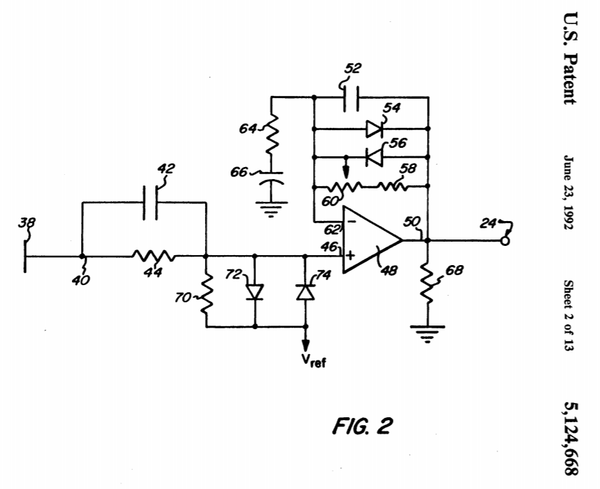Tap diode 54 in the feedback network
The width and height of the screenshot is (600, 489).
coord(373,129)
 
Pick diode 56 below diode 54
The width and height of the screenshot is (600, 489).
coord(373,156)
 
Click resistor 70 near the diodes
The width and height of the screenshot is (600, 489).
coord(205,294)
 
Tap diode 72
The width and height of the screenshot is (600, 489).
coord(255,292)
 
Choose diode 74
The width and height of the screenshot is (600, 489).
coord(306,292)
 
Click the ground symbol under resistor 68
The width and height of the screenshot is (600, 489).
coord(427,333)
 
